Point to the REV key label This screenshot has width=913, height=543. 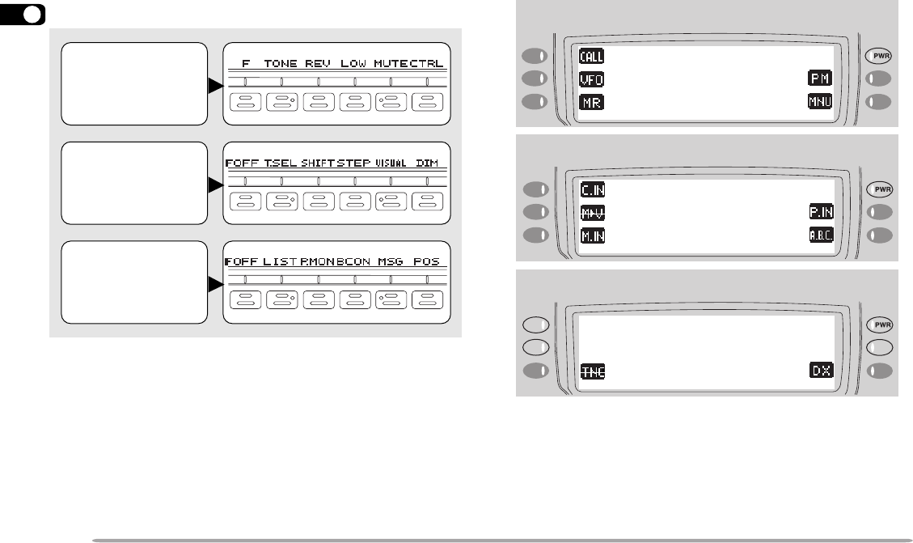tap(319, 63)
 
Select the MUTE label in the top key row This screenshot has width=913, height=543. tap(391, 63)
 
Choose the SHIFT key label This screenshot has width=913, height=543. tap(318, 163)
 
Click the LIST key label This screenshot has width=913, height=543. tap(281, 262)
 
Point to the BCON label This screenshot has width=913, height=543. tap(353, 262)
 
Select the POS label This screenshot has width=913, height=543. tap(427, 262)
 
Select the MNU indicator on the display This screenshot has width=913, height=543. tap(821, 102)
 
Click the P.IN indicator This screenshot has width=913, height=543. tap(821, 213)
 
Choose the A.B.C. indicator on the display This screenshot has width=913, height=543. tap(821, 235)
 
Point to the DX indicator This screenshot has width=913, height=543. tap(821, 370)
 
